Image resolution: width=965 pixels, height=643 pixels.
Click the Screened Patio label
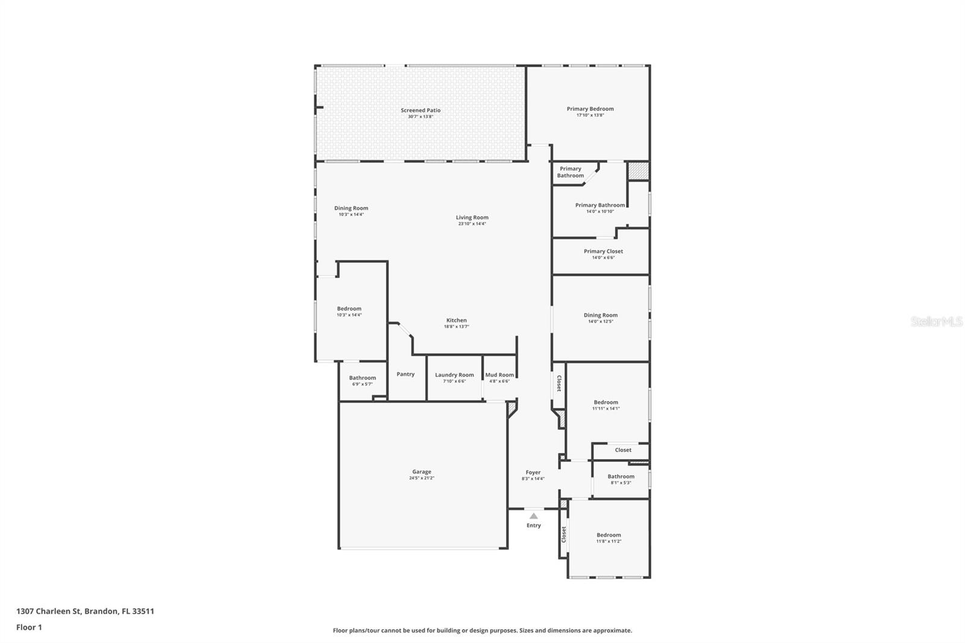[x=420, y=110]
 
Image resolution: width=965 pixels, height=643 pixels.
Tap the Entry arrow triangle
[x=533, y=516]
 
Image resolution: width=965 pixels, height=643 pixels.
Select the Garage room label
[x=422, y=472]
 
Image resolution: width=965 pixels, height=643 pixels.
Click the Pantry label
[x=405, y=374]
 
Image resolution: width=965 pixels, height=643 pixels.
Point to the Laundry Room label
[x=454, y=375]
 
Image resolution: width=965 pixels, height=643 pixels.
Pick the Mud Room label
[x=499, y=375]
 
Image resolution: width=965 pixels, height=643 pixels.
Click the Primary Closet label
[x=603, y=251]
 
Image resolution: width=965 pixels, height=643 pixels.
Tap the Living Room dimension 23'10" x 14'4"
[x=472, y=224]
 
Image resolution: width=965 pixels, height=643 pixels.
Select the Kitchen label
[x=456, y=320]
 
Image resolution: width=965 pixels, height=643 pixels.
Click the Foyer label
[x=533, y=472]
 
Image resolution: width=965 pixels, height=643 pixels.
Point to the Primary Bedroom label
[x=590, y=109]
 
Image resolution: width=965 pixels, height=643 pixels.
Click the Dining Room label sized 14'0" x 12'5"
[x=600, y=315]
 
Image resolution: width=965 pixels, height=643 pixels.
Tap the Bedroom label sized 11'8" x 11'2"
[x=609, y=535]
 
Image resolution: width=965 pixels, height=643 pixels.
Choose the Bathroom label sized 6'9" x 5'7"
[x=362, y=378]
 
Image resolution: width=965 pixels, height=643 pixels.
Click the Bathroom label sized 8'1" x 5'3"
[x=621, y=477]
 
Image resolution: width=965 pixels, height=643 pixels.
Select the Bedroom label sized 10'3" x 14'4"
[x=349, y=308]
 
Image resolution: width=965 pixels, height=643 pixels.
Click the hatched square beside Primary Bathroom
[x=638, y=171]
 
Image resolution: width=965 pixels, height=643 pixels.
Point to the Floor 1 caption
[x=29, y=627]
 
